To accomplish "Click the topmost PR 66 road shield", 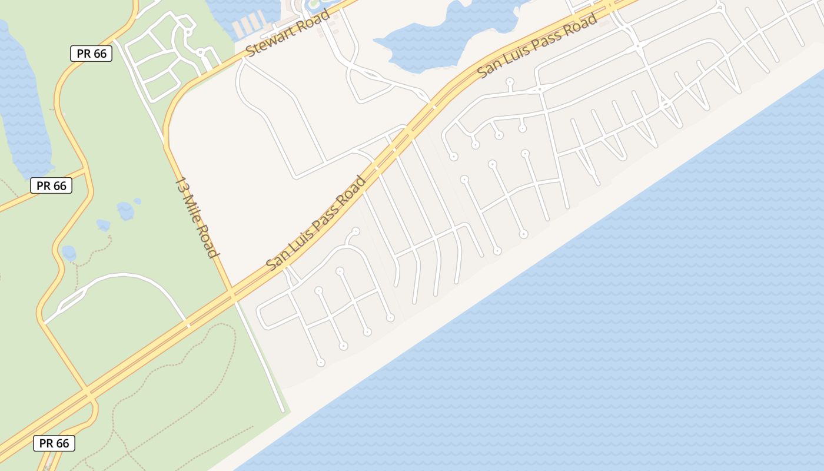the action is [x=91, y=54].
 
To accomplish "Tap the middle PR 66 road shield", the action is [x=51, y=186].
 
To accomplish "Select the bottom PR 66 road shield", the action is [x=54, y=443].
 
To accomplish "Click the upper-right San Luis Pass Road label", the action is [x=537, y=46].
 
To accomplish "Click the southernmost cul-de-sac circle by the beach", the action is [x=321, y=363].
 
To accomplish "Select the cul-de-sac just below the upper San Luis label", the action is [x=510, y=82].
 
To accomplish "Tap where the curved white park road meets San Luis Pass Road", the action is [x=188, y=323].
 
